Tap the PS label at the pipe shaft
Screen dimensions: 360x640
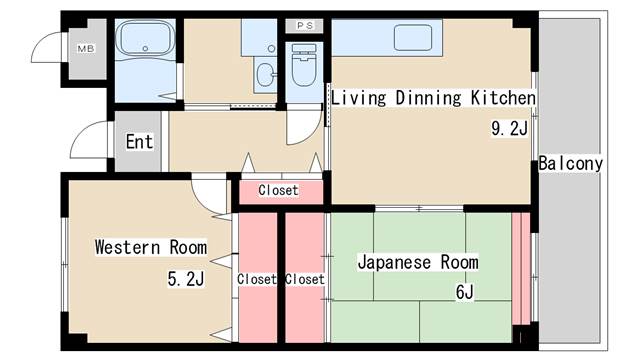[x=305, y=25]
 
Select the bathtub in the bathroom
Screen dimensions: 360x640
[x=146, y=41]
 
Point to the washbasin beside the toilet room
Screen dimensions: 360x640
[x=263, y=73]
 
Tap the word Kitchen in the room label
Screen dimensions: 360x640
[x=504, y=98]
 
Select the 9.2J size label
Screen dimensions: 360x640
[x=508, y=128]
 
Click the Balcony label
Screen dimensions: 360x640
[x=570, y=163]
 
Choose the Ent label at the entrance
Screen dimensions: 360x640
[x=139, y=141]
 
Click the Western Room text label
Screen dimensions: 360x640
[x=151, y=247]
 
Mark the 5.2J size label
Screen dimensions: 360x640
[x=185, y=279]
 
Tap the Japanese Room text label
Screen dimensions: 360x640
[x=418, y=262]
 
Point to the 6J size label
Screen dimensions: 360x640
[x=464, y=292]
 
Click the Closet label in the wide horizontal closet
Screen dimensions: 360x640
[x=278, y=190]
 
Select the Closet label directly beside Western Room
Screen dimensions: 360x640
[x=256, y=280]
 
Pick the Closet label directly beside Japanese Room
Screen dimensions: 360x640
[x=304, y=280]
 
